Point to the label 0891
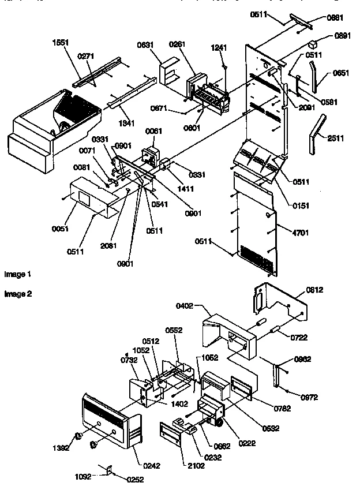tap(343, 35)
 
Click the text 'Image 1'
tap(18, 274)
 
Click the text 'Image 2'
tap(18, 294)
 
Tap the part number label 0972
tap(309, 398)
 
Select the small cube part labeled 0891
tap(313, 43)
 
